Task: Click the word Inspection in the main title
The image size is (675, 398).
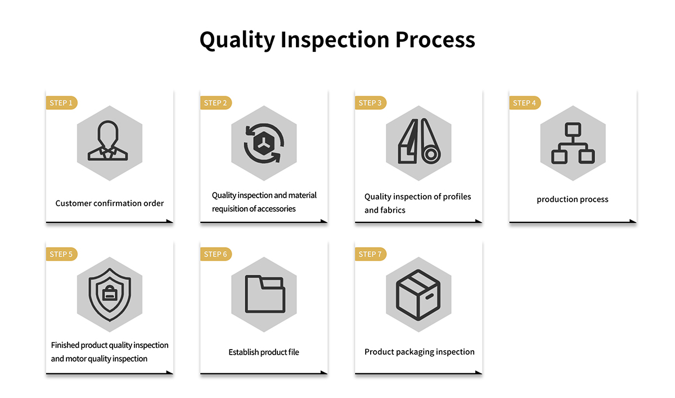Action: click(335, 40)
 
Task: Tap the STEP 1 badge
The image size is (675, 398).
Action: click(61, 103)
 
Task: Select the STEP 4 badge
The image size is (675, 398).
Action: click(525, 103)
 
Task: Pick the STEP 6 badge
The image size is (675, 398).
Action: click(216, 254)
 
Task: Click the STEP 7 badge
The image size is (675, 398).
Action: click(370, 254)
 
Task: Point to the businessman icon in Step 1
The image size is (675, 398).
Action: click(108, 141)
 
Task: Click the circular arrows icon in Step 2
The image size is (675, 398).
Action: click(264, 143)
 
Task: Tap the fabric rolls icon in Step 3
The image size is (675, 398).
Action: click(419, 141)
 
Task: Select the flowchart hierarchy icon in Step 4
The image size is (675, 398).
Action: click(573, 143)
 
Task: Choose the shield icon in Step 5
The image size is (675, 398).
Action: click(110, 295)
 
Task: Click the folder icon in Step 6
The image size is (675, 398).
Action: click(265, 294)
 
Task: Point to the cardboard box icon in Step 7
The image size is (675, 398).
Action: click(418, 295)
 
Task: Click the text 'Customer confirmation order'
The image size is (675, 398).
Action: click(109, 204)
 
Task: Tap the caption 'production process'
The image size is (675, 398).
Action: click(573, 200)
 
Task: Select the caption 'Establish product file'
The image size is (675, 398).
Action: click(264, 352)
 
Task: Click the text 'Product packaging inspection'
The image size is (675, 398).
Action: click(420, 352)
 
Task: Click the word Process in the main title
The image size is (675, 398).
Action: click(435, 40)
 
